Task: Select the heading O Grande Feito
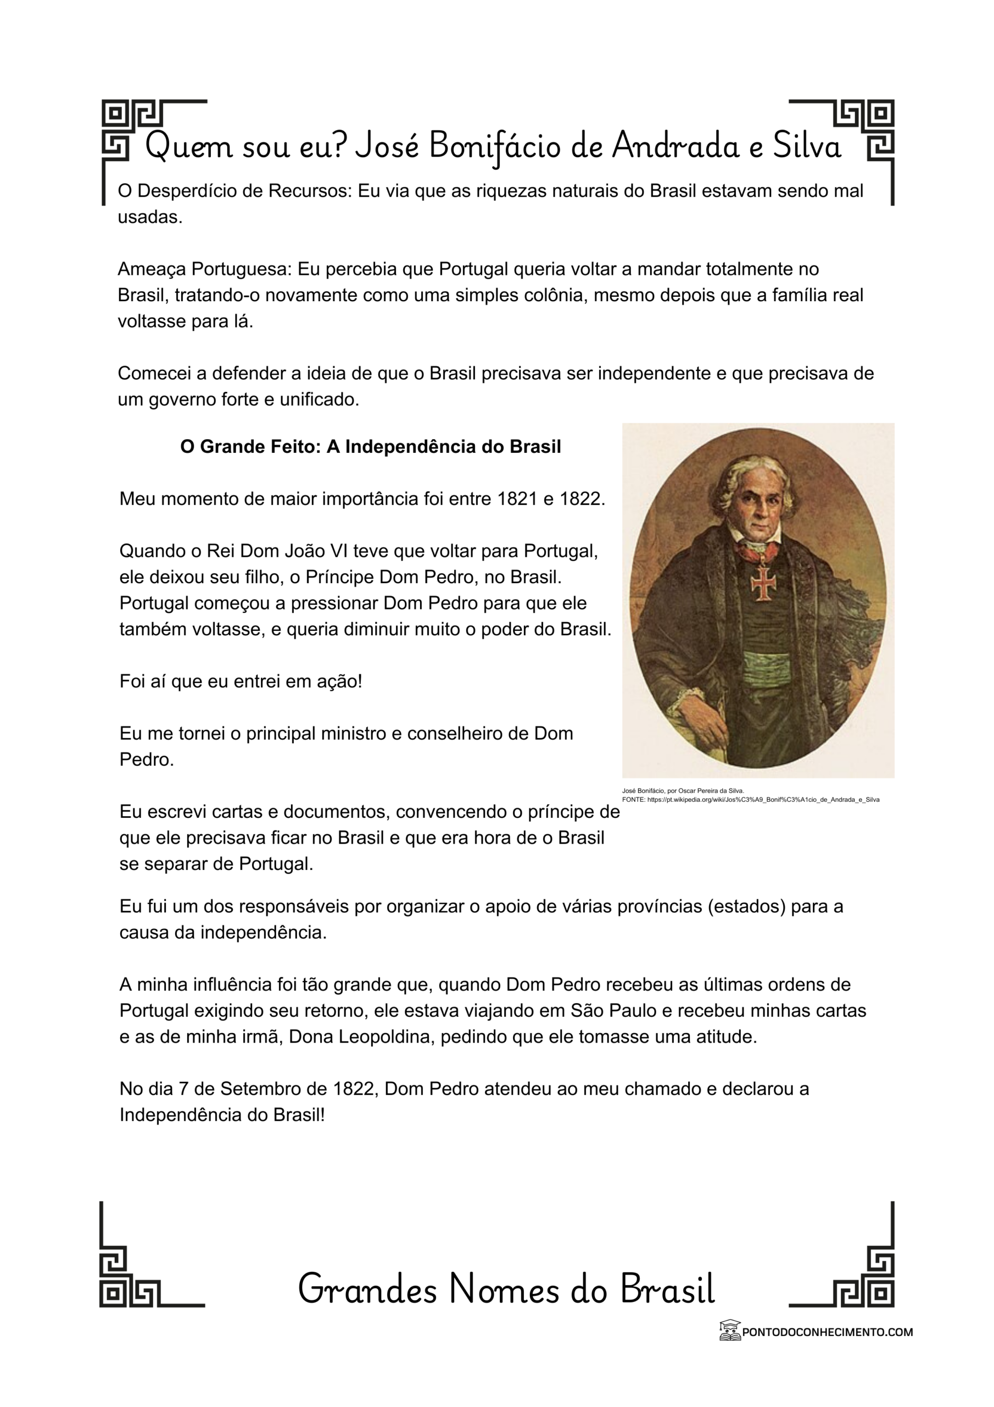pos(370,447)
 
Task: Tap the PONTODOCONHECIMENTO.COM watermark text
pos(827,1332)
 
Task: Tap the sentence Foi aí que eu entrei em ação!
pos(241,681)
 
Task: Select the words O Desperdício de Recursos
pos(233,191)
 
